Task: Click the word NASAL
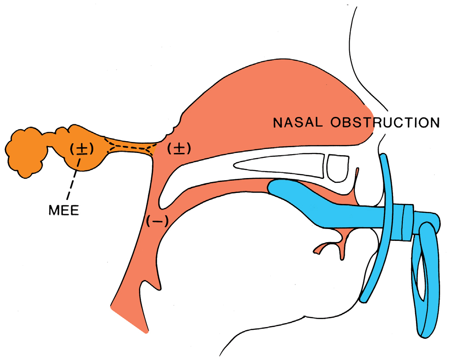coord(298,123)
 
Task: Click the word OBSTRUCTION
coord(385,123)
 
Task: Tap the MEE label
coord(64,211)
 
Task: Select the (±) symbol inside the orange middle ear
coord(82,149)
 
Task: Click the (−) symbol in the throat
coord(157,222)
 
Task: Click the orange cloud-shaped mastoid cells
coord(26,153)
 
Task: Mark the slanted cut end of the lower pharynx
coord(129,320)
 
